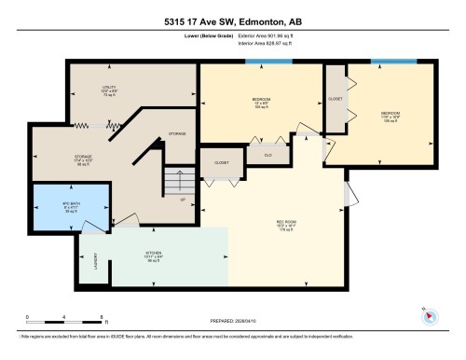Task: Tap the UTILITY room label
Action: pos(109,88)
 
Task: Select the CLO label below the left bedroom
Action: pos(268,155)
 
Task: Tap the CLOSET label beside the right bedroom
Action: pos(334,98)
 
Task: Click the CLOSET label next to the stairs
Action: pos(221,162)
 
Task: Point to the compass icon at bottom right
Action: pos(426,315)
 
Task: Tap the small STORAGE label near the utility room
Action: pos(177,133)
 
